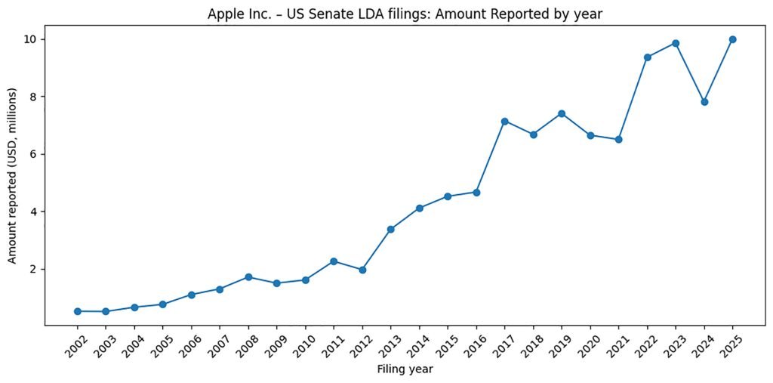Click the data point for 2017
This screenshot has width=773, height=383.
(x=504, y=121)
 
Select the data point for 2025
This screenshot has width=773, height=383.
(x=732, y=39)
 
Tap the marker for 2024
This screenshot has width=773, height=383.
(x=704, y=102)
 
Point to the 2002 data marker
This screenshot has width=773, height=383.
(x=77, y=311)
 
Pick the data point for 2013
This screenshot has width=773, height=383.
(x=390, y=229)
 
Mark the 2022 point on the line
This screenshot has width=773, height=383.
(x=647, y=57)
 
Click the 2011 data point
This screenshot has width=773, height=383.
(x=334, y=261)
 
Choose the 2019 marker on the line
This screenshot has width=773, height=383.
(x=562, y=113)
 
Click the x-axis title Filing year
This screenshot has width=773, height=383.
(x=405, y=370)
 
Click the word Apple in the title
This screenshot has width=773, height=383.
(x=223, y=14)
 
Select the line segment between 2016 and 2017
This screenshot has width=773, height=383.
(x=490, y=156)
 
